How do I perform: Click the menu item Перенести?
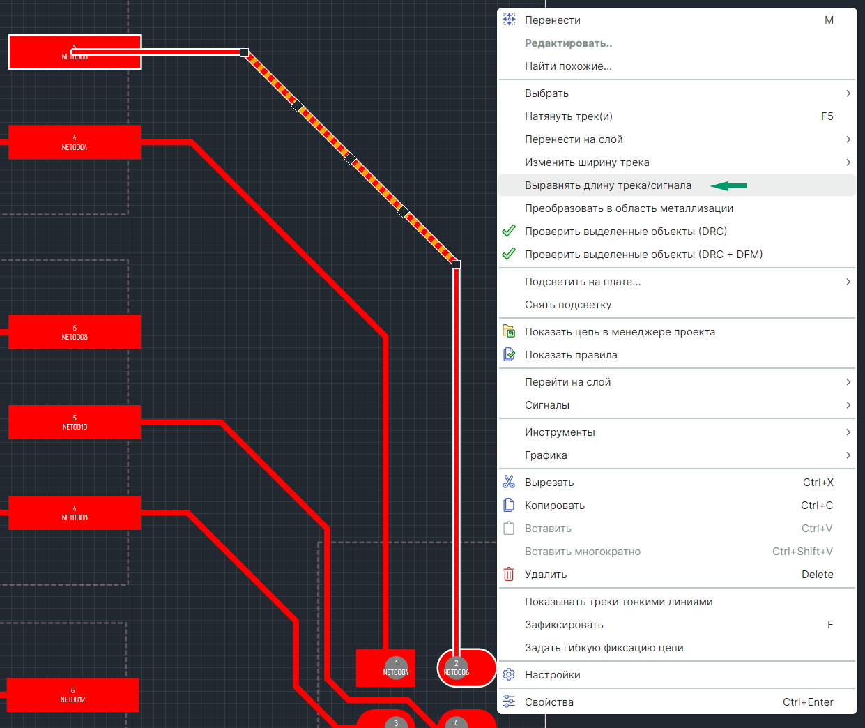point(553,20)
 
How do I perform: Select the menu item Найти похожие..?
point(568,66)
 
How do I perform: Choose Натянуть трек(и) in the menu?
point(568,116)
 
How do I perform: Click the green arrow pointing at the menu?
point(729,185)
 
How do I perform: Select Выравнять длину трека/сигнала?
point(608,185)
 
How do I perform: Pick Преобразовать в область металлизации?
point(629,208)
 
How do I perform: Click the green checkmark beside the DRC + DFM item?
point(510,255)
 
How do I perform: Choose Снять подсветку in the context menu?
point(568,305)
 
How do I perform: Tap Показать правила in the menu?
point(571,355)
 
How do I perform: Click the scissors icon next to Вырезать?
point(510,483)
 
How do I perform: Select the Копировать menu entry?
point(554,506)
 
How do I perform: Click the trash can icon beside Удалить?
point(510,575)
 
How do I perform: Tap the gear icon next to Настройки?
point(510,675)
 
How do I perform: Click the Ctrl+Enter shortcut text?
point(808,702)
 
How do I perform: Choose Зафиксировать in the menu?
point(564,625)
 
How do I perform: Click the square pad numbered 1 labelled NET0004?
point(385,668)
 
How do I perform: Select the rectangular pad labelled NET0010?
point(75,422)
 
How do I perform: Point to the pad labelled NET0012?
point(72,695)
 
